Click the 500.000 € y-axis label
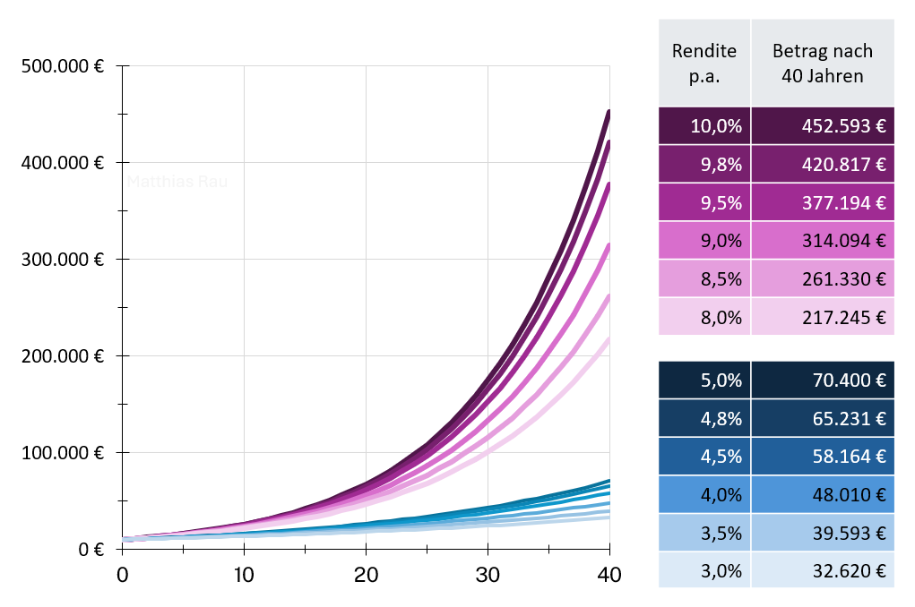click(x=60, y=66)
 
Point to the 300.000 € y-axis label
click(x=60, y=260)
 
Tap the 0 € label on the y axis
click(x=90, y=549)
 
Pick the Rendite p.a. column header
click(x=704, y=63)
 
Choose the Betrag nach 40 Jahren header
click(x=822, y=63)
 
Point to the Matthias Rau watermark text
click(x=177, y=182)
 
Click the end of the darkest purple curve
click(x=609, y=112)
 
